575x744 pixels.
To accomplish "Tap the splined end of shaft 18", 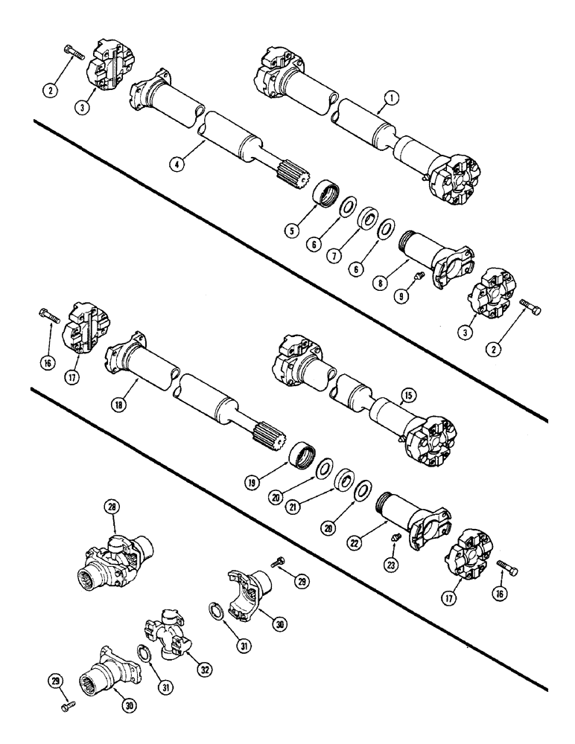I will point(270,431).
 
